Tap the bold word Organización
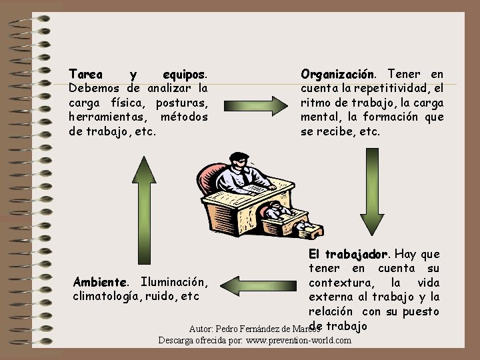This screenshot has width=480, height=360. (x=338, y=73)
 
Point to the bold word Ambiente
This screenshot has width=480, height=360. (x=99, y=282)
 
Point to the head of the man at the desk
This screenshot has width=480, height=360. (x=240, y=160)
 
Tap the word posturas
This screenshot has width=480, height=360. (x=183, y=103)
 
